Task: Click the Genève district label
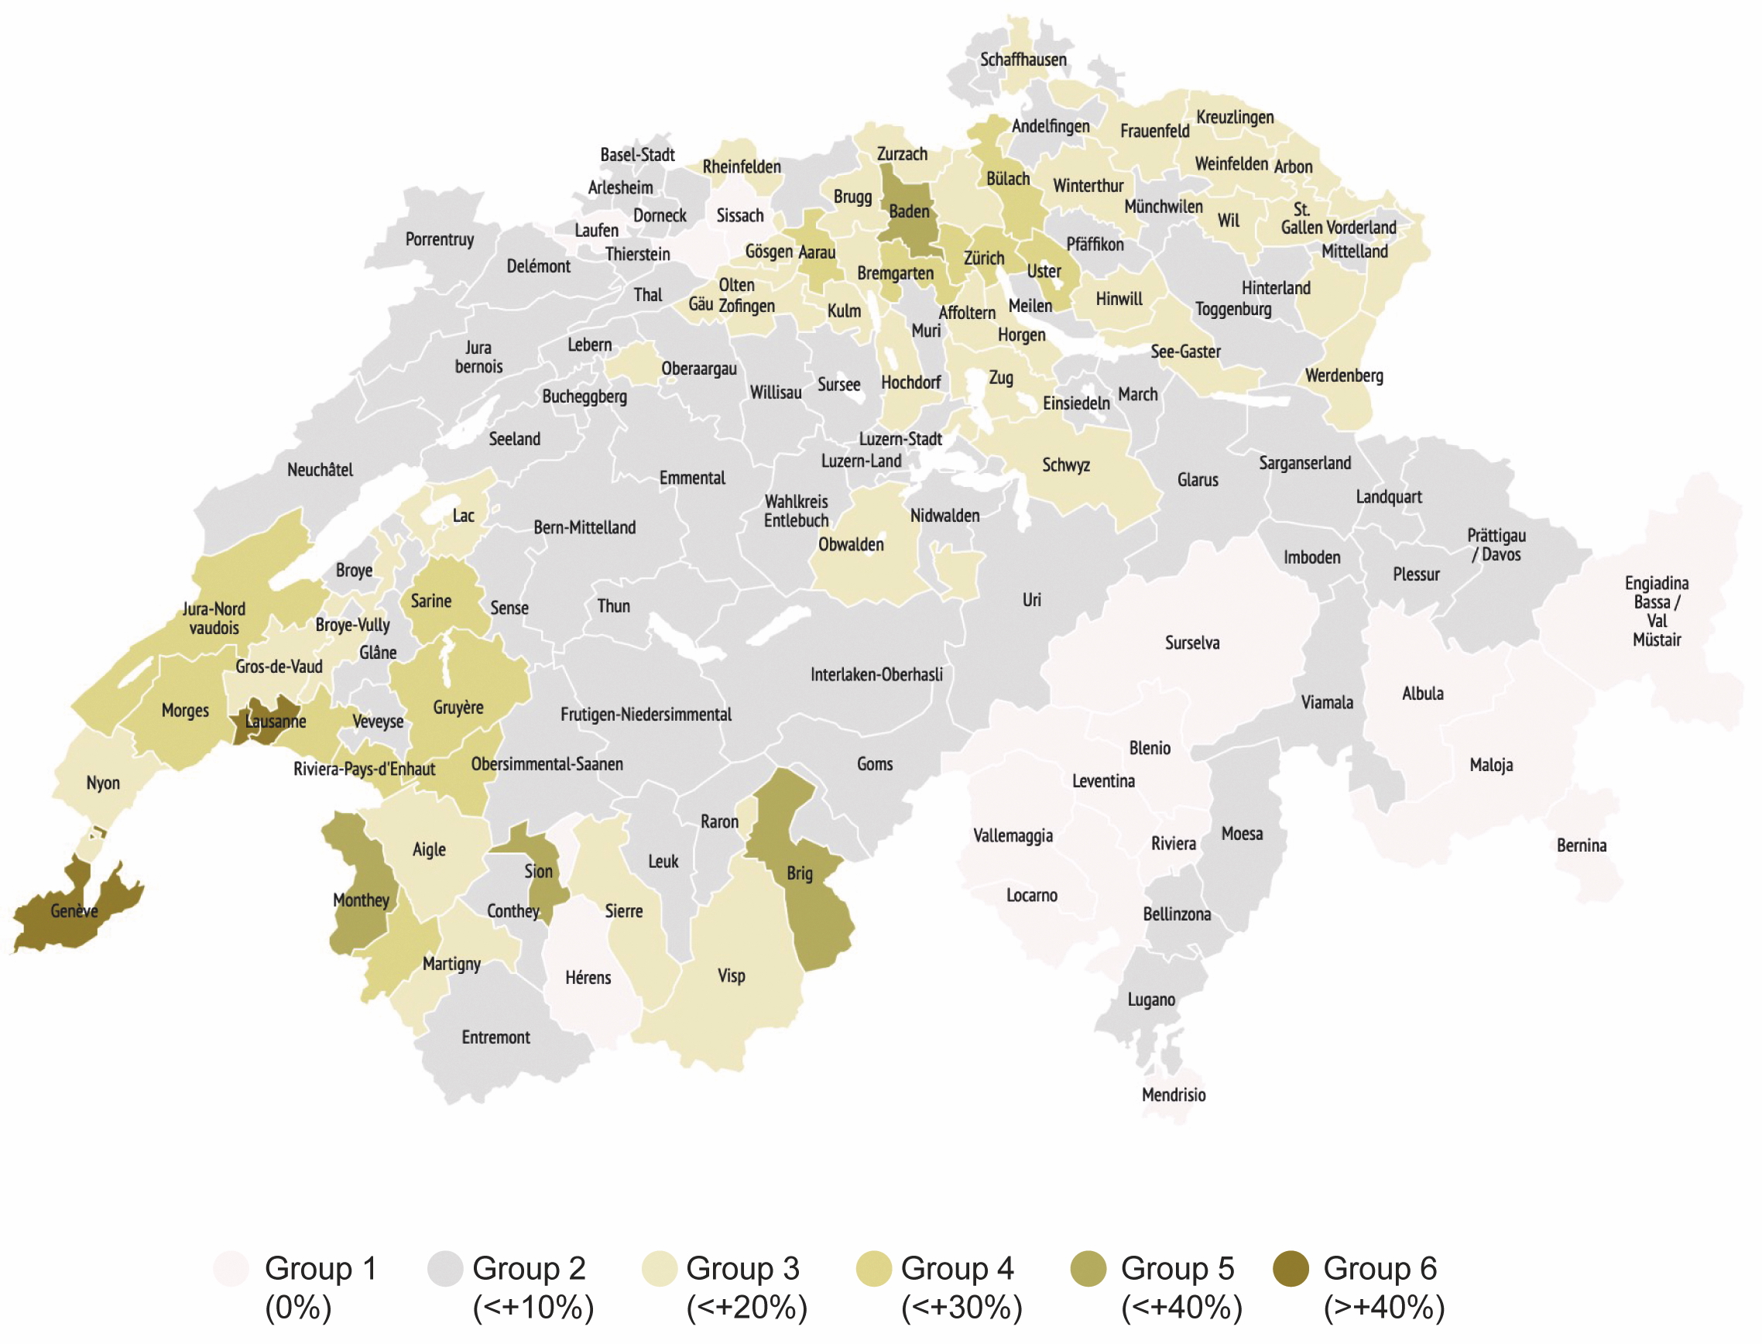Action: click(74, 911)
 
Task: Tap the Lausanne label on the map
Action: click(275, 722)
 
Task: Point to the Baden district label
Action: click(910, 212)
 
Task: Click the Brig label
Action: click(799, 873)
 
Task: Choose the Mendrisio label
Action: click(1174, 1095)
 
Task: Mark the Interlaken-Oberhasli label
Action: click(876, 674)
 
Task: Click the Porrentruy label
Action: click(439, 240)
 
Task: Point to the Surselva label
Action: click(1191, 643)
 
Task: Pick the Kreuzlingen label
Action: click(1235, 118)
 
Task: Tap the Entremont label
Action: click(496, 1037)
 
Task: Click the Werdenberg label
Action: click(1344, 376)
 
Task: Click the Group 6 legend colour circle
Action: click(1290, 1269)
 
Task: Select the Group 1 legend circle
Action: click(231, 1269)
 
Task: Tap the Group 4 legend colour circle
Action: click(873, 1269)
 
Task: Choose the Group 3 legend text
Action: click(742, 1269)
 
